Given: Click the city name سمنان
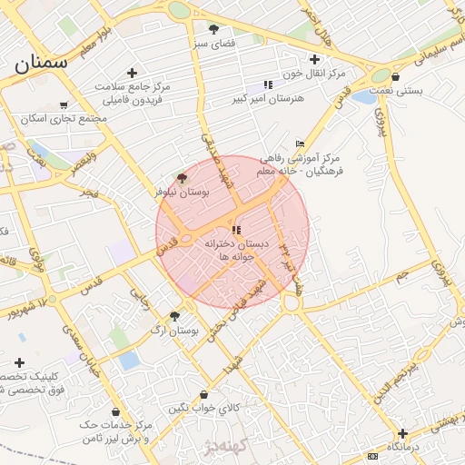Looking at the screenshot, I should (x=42, y=64).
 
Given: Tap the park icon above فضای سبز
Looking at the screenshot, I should (x=213, y=29).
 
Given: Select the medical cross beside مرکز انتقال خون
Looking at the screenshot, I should (x=314, y=59).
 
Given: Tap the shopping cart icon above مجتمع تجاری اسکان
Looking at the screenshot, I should (x=62, y=105).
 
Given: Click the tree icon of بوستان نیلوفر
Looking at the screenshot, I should (x=182, y=178).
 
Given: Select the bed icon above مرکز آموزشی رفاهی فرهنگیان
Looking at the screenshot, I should (x=301, y=144).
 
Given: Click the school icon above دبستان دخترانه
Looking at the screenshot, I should (x=236, y=231).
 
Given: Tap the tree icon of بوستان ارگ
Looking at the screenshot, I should (x=174, y=316).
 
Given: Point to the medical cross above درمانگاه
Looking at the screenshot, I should (x=401, y=434).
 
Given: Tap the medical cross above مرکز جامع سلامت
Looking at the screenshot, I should (x=133, y=73).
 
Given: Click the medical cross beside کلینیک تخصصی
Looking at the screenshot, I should (x=19, y=362).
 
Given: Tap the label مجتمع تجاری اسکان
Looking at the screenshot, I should (x=68, y=119).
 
